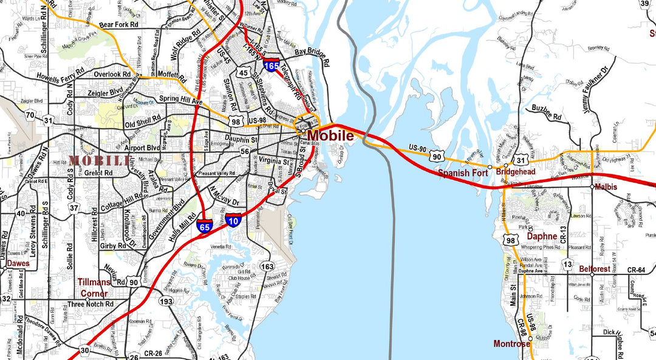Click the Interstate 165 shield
[x=272, y=64]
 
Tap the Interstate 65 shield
[x=204, y=227]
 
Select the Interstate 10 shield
[x=234, y=220]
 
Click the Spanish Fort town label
[x=463, y=173]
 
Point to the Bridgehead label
[x=516, y=172]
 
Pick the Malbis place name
[x=606, y=187]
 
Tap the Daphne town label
[x=542, y=236]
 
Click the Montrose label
[x=511, y=344]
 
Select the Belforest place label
[x=595, y=268]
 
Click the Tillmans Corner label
[x=95, y=288]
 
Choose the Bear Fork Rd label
[x=119, y=25]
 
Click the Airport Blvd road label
[x=142, y=148]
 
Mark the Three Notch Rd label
[x=91, y=304]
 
